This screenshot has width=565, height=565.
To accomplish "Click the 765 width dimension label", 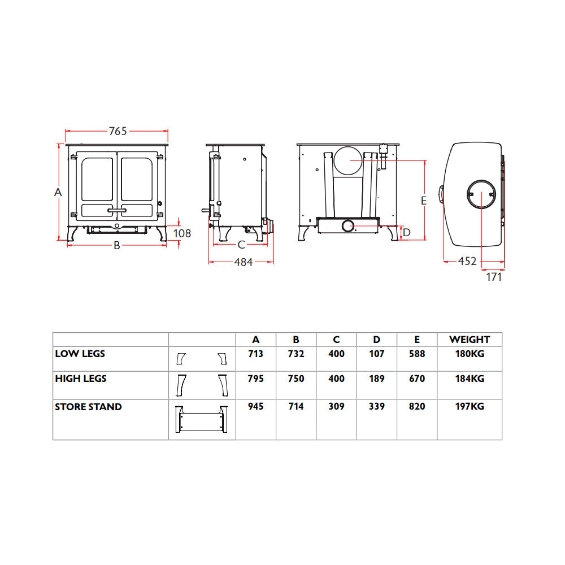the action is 118,131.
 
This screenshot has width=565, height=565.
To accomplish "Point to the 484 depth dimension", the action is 243,262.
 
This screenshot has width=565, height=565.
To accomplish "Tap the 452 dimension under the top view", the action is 467,261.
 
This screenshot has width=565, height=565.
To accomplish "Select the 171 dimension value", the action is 494,277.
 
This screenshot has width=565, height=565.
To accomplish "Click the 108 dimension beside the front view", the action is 182,233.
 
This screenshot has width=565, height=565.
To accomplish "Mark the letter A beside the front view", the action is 58,192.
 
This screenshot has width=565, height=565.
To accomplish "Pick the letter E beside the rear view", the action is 424,201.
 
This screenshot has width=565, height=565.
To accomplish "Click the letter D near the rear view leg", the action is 407,232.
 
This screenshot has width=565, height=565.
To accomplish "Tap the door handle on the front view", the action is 117,210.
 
